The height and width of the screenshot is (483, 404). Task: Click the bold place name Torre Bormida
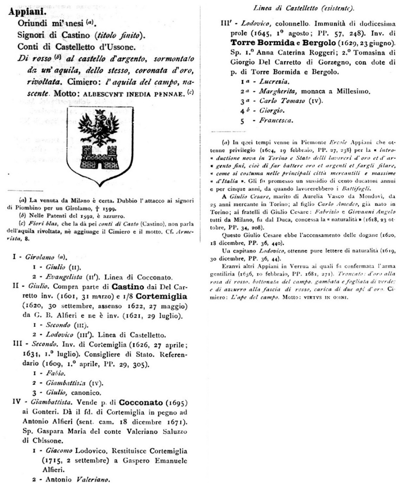coord(259,42)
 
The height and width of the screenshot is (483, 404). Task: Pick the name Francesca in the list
coord(276,120)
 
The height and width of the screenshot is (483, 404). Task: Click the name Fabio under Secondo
coord(56,373)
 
